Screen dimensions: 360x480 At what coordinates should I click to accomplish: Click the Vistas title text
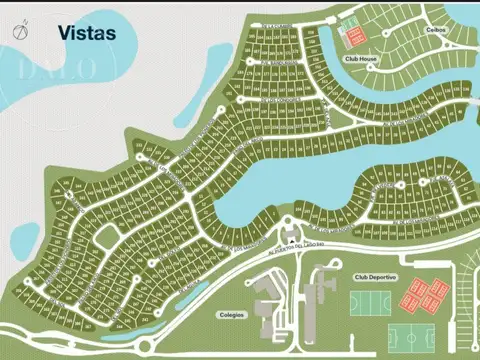tap(87, 33)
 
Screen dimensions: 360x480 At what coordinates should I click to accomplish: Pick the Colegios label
tap(231, 314)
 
